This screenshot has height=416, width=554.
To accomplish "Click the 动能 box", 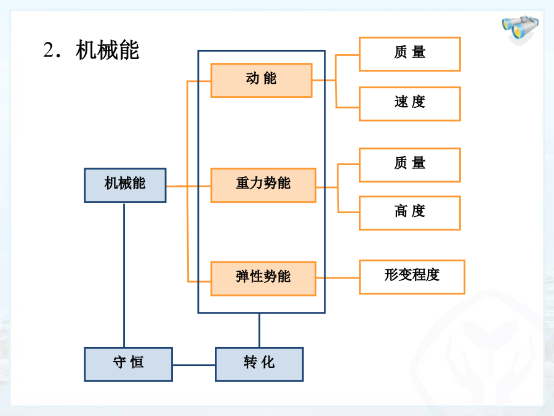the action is (262, 80).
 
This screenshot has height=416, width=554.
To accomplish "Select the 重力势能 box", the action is (263, 186).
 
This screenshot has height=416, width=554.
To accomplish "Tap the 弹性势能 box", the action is (263, 279).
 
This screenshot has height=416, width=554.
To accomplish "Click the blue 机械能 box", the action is (125, 186).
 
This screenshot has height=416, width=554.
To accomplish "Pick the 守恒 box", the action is (128, 364).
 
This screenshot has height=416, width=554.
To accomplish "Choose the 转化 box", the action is (259, 364).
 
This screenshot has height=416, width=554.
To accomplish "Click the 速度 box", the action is (410, 104).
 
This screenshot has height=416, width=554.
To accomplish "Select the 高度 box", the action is (410, 213).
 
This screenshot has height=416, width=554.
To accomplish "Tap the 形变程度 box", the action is (412, 277).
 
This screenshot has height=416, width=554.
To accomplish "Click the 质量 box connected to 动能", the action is (410, 54).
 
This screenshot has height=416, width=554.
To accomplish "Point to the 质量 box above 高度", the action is (410, 165).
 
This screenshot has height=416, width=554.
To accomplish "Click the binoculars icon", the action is (520, 28).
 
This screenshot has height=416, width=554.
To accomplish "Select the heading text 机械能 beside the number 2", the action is (107, 51).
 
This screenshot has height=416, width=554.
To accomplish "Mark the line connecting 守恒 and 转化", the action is (194, 365).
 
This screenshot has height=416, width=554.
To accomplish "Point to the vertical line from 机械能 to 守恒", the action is (124, 275).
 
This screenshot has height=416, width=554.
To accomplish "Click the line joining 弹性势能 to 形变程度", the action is (338, 278).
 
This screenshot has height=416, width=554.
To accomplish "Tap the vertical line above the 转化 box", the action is (259, 330).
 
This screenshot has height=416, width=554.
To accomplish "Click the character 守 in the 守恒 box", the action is (119, 362).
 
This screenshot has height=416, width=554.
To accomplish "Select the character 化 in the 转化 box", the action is (268, 362).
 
